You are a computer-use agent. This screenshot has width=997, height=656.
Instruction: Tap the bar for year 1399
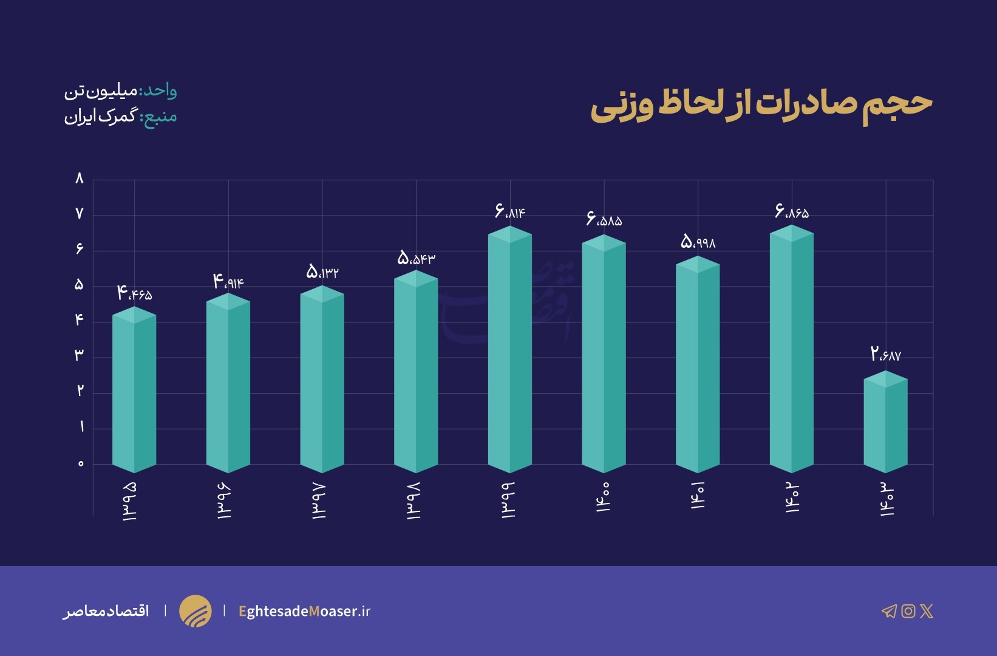(x=510, y=349)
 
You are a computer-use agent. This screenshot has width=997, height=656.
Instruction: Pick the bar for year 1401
(x=698, y=364)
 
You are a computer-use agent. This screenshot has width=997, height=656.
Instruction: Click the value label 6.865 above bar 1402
(x=792, y=211)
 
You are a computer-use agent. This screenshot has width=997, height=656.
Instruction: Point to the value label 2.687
(x=885, y=354)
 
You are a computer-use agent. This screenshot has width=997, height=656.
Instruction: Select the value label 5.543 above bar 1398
(x=416, y=258)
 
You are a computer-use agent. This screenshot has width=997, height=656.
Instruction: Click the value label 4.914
(x=228, y=282)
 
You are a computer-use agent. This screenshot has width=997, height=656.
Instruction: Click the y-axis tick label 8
(x=79, y=179)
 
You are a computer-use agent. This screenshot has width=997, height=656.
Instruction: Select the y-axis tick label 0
(x=80, y=464)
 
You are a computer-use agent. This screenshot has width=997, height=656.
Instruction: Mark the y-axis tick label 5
(x=79, y=285)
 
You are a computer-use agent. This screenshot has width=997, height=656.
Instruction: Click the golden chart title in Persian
(x=761, y=104)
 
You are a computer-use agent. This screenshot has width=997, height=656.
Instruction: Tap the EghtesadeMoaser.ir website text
(x=304, y=611)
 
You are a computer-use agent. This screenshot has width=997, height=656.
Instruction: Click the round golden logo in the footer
(x=196, y=611)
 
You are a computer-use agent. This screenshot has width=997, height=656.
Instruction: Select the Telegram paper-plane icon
(x=889, y=611)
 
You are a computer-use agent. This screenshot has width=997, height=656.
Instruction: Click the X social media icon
(x=927, y=611)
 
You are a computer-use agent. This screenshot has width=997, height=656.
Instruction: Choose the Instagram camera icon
(x=908, y=611)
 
